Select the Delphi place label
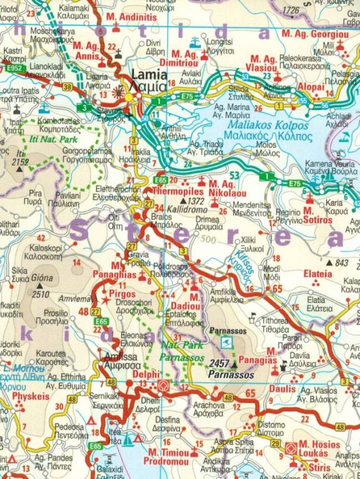coord(146,374)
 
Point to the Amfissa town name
coord(119,358)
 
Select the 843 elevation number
coord(341,262)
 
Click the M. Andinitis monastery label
coord(131,17)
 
